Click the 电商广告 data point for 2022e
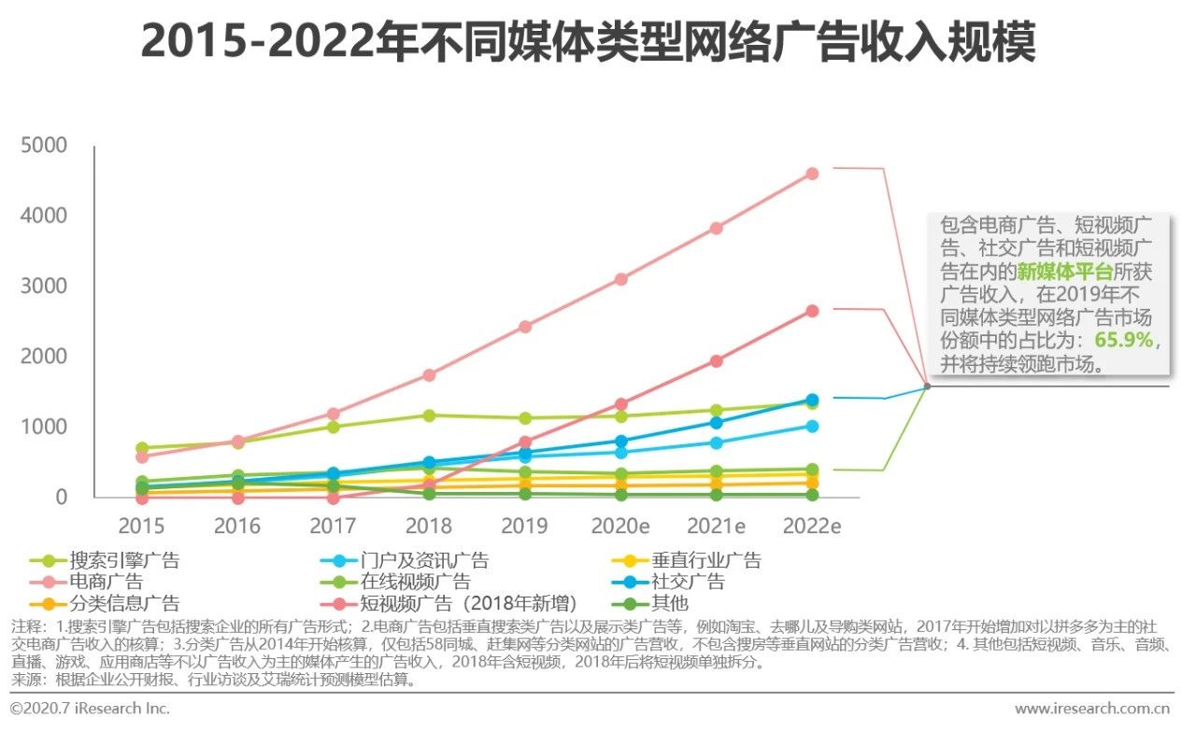pos(812,174)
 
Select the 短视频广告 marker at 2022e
pos(812,311)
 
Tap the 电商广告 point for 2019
pos(525,327)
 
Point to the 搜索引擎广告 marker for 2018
pos(429,415)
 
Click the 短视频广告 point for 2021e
pos(716,361)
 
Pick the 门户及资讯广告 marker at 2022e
pos(812,427)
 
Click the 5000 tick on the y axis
pos(45,146)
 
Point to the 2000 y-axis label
pos(45,357)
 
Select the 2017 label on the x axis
pos(334,526)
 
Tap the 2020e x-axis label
pos(620,526)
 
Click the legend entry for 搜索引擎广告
pos(123,561)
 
